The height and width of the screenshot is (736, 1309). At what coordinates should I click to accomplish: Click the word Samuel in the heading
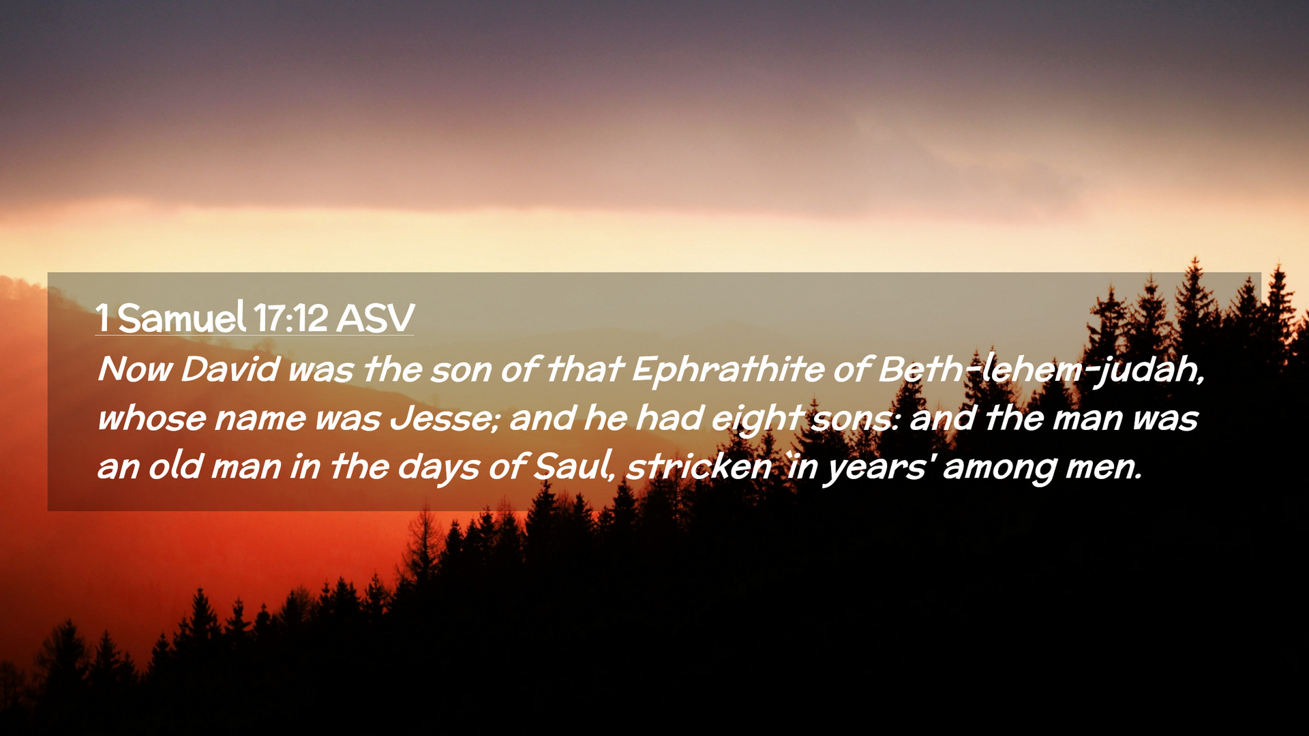coord(181,318)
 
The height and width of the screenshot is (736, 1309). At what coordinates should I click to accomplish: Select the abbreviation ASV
coord(375,318)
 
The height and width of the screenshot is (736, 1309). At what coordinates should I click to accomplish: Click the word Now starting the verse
coord(135,369)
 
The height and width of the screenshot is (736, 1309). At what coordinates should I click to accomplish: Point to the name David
coord(230,369)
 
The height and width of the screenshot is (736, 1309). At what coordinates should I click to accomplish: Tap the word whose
coord(151,418)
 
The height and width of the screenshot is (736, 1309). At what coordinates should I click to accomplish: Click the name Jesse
coord(445,418)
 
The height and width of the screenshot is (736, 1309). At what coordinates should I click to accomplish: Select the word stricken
coord(699,467)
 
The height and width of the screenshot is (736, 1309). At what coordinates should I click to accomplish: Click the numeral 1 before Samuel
coord(102,318)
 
